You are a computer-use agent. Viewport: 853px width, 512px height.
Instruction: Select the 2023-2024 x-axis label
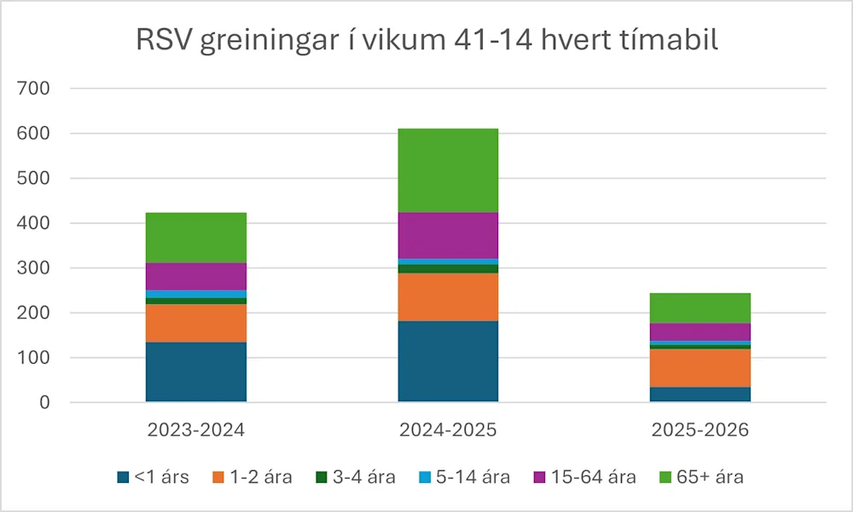pos(195,429)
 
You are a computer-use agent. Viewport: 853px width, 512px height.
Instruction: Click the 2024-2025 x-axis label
pos(448,429)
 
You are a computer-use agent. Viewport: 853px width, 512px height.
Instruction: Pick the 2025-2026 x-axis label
pos(700,429)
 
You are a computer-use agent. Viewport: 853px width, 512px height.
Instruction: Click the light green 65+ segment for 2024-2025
pos(448,170)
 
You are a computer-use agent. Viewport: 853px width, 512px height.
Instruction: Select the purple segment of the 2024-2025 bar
pos(448,235)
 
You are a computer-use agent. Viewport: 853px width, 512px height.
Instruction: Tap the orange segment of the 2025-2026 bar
pos(700,368)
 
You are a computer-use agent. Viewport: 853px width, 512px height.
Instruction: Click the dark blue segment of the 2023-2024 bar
pos(195,372)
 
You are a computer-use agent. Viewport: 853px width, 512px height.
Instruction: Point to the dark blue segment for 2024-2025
pos(448,361)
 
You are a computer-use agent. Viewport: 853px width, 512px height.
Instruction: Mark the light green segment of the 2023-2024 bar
pos(195,238)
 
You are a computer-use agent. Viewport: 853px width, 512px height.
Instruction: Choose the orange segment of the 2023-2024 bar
pos(195,323)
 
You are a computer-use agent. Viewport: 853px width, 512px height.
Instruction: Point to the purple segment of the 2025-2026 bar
pos(700,331)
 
